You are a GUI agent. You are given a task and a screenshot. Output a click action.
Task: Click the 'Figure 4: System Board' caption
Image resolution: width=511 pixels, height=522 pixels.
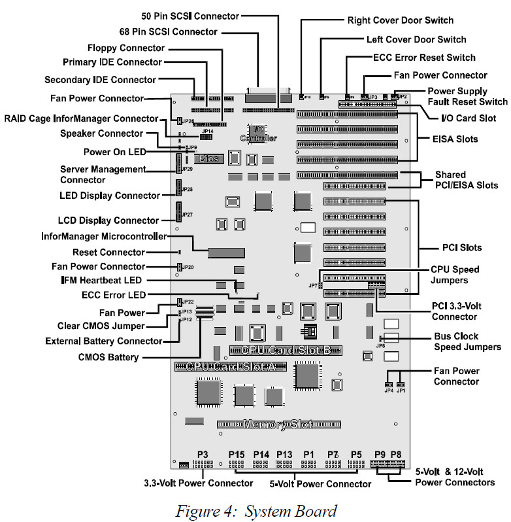255,510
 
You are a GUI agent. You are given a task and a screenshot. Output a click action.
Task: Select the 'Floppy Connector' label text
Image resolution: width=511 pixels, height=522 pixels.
126,48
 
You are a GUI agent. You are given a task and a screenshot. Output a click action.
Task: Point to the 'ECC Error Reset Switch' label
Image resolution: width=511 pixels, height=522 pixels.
425,57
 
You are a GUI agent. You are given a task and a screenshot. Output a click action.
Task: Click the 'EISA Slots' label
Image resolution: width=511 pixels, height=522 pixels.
454,139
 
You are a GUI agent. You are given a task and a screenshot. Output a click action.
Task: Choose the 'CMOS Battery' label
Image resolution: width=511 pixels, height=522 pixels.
109,357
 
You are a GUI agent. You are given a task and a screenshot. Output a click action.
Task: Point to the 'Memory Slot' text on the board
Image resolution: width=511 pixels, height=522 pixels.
274,425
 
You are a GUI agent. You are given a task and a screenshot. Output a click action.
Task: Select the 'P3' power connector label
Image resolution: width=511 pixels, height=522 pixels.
203,454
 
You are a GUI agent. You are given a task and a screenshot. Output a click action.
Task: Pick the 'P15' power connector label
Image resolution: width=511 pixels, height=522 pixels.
236,454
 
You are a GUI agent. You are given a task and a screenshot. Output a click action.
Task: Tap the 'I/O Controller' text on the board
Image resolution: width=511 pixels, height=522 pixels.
258,133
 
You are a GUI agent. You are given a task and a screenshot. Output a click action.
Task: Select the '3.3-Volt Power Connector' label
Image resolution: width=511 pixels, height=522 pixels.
199,483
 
